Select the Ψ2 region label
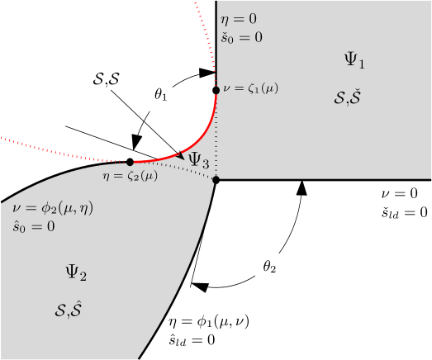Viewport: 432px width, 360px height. click(76, 271)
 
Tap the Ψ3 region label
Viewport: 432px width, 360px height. click(198, 160)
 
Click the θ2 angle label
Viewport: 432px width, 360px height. click(269, 267)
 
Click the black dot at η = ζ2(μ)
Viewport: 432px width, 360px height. click(130, 162)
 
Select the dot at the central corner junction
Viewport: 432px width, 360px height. click(216, 179)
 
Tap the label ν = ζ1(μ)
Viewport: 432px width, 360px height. click(251, 88)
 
